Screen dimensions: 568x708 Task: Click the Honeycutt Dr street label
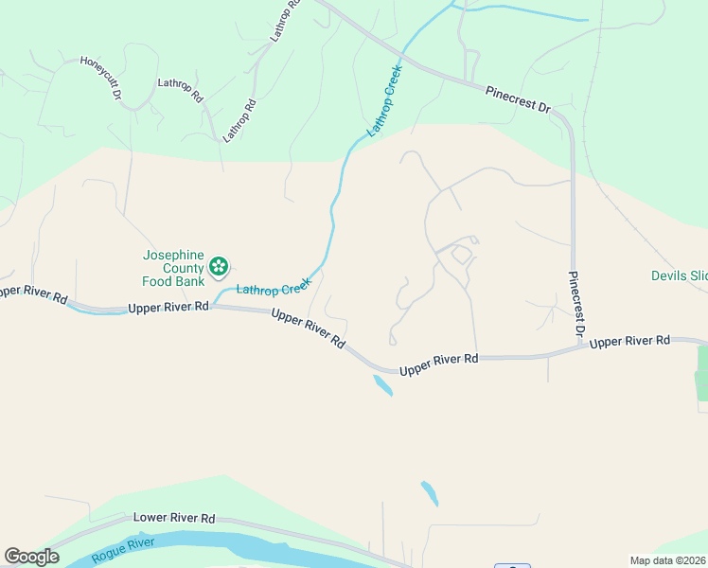[101, 78]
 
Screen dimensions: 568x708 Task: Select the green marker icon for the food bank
[220, 267]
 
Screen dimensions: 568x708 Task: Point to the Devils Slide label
[679, 276]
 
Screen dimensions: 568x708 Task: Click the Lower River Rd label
[174, 518]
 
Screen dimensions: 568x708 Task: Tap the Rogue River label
[123, 549]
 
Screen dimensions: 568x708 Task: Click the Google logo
[31, 557]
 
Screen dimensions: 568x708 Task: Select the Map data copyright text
[667, 560]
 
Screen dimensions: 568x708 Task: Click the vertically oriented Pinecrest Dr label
[575, 306]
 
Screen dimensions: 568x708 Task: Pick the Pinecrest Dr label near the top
[518, 100]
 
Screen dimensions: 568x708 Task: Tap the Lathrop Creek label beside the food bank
[274, 286]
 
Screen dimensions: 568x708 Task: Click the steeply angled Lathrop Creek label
[386, 99]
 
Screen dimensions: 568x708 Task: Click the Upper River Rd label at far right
[629, 341]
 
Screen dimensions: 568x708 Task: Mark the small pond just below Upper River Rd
[383, 385]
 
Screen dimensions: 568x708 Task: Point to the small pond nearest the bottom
[430, 493]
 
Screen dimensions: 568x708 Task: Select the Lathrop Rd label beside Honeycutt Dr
[181, 90]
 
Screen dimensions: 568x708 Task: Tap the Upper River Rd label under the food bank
[168, 308]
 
